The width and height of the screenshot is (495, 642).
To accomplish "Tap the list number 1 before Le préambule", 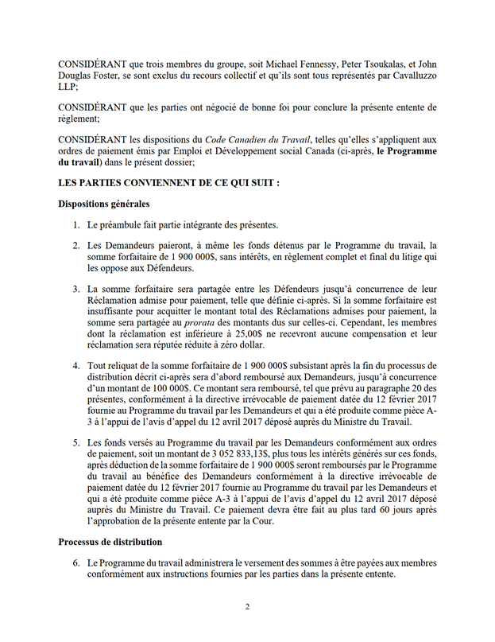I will (x=75, y=225).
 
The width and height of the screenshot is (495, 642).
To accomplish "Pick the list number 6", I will (x=75, y=562).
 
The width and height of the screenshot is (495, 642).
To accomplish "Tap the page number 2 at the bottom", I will (x=247, y=607).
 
